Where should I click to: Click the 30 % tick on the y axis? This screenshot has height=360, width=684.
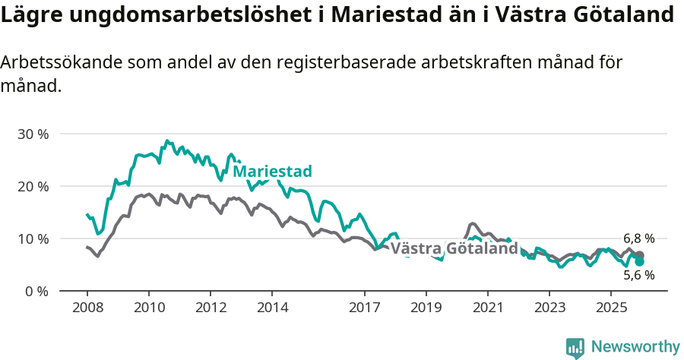32,134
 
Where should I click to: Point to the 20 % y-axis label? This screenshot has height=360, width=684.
32,186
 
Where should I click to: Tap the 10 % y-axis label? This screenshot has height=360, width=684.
32,238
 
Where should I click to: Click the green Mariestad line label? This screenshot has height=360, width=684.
272,172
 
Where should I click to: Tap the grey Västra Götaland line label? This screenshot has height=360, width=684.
454,249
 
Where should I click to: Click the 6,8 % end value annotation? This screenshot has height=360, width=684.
638,238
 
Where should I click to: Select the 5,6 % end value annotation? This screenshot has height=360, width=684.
638,276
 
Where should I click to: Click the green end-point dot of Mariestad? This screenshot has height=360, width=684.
639,262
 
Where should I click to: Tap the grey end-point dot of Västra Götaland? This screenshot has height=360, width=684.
639,255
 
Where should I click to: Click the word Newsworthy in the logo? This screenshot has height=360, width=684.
635,347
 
